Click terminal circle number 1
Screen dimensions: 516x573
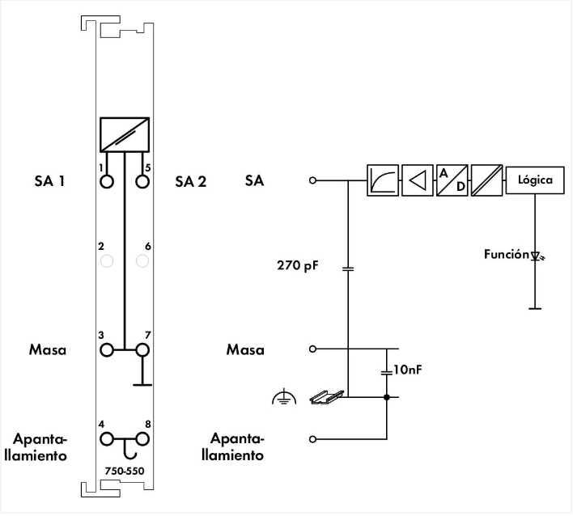pos(106,181)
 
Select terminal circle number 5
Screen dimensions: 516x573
pos(143,181)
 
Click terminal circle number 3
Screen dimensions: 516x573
pos(106,350)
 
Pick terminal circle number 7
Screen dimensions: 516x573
pos(143,350)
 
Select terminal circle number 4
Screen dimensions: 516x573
pos(106,439)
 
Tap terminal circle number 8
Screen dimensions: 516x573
pos(143,439)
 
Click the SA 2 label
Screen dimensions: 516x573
pos(190,181)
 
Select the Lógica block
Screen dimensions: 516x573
pos(534,180)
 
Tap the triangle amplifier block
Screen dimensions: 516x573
pos(418,180)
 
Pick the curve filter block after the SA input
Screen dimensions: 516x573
pos(382,180)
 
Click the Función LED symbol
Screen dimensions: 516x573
pos(535,256)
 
